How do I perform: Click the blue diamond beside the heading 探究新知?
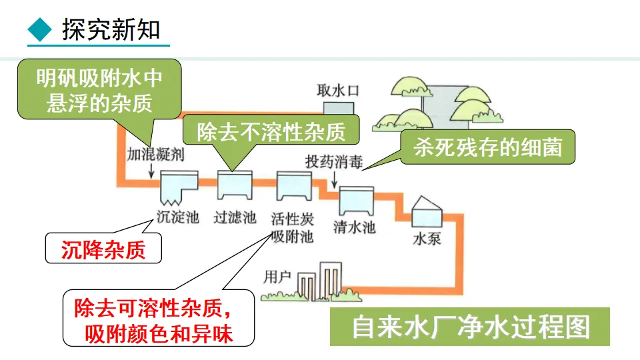click(40, 29)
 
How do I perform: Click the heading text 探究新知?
click(111, 29)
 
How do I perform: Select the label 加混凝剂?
click(155, 155)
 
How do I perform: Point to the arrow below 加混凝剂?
click(154, 170)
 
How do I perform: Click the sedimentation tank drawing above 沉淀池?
click(179, 187)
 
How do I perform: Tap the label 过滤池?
click(235, 217)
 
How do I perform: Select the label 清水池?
click(354, 227)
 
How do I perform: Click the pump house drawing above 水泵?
click(427, 212)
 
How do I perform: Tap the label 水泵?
click(427, 238)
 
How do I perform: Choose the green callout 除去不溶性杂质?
click(271, 131)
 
